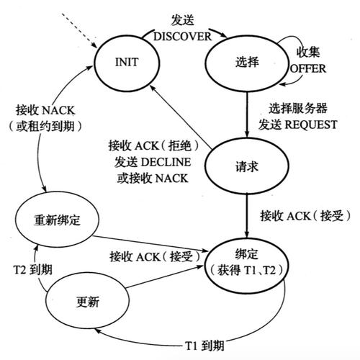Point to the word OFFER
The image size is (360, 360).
tap(308, 68)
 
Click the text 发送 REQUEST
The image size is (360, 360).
tap(302, 125)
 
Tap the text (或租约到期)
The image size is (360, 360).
tap(50, 127)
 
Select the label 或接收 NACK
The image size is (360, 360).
tap(152, 177)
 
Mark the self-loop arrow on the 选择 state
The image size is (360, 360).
tap(294, 45)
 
